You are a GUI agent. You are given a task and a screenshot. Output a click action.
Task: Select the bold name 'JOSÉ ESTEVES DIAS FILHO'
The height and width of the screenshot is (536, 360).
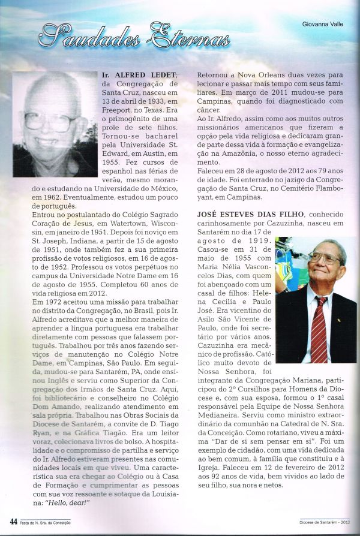point(250,214)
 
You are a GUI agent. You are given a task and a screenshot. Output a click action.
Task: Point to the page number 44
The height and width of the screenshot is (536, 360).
point(13,521)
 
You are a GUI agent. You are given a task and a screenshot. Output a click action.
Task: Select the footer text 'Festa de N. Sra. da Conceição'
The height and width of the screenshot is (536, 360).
point(44,522)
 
